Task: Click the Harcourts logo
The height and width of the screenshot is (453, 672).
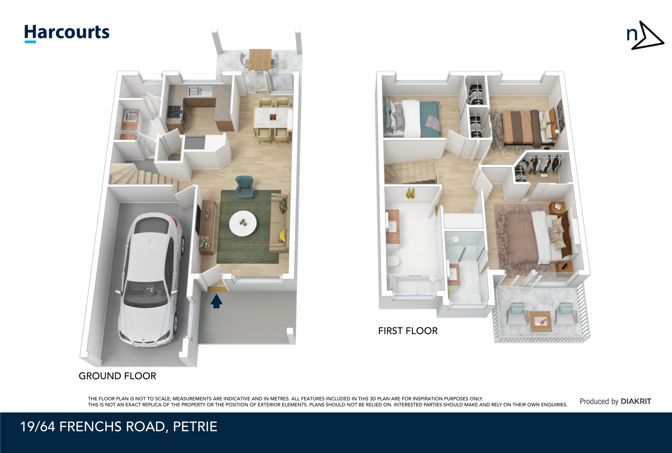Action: click(x=67, y=33)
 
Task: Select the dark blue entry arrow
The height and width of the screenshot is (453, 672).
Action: click(x=216, y=301)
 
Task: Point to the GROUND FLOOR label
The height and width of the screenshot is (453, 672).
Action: click(x=117, y=376)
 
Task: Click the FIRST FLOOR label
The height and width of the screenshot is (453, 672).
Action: click(x=408, y=331)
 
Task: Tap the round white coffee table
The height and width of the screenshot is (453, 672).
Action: click(x=243, y=223)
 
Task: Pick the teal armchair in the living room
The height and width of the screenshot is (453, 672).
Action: click(x=244, y=187)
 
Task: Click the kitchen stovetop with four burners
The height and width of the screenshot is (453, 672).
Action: click(x=175, y=112)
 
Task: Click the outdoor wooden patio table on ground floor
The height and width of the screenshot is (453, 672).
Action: click(x=260, y=59)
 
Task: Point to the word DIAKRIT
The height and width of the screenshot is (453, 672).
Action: click(x=636, y=401)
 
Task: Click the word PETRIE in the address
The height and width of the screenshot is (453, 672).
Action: click(x=195, y=427)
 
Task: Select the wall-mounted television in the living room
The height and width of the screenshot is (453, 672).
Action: click(x=198, y=220)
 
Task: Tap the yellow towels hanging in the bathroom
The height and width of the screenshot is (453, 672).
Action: click(x=410, y=194)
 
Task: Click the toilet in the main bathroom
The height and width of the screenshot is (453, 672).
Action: click(x=393, y=262)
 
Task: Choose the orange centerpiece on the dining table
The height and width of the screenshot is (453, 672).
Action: click(x=273, y=117)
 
